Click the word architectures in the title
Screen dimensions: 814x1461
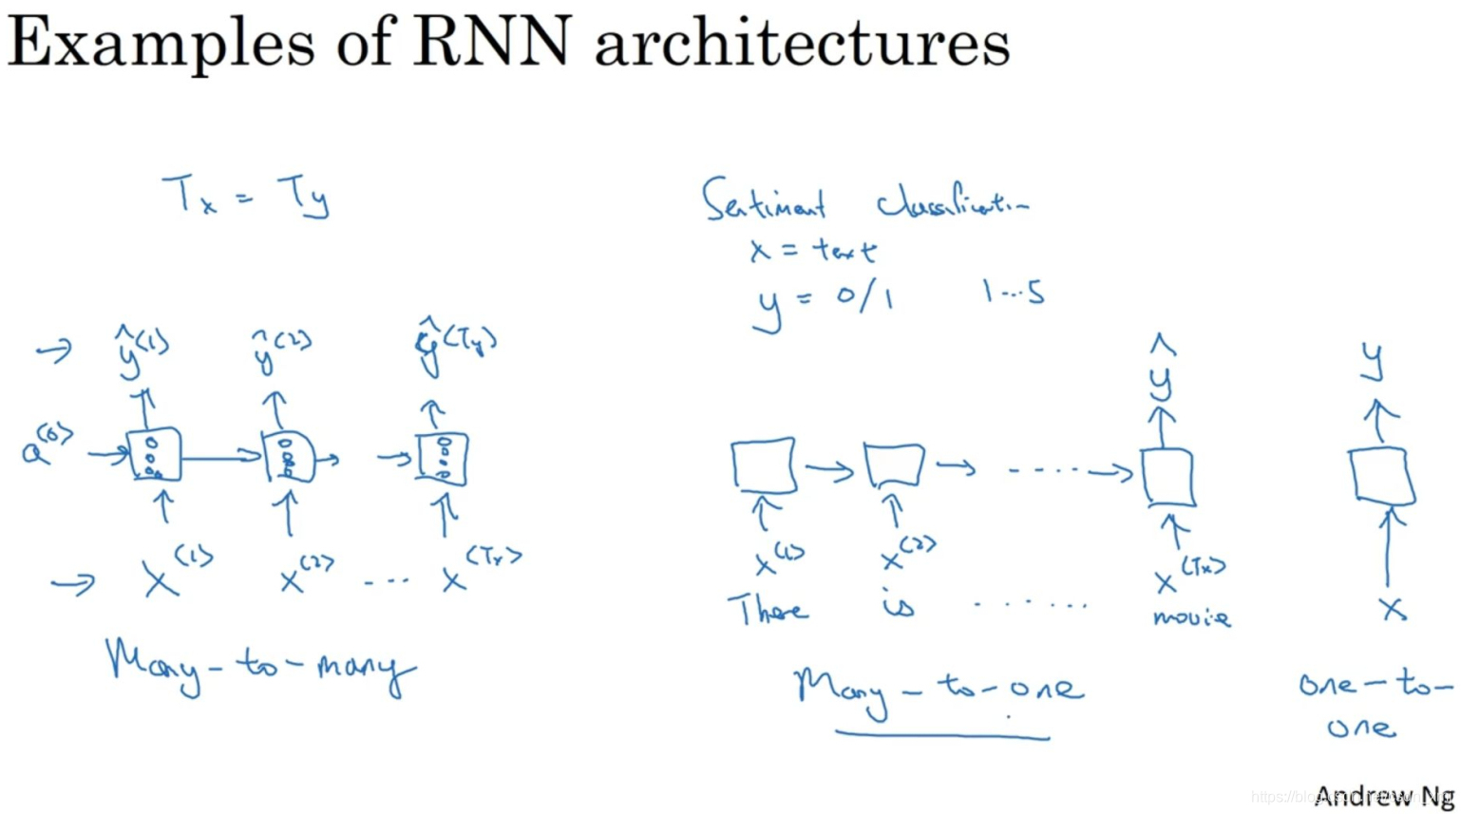(x=802, y=45)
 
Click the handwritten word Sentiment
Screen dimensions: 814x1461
(x=765, y=200)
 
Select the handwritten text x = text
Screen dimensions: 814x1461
(x=812, y=250)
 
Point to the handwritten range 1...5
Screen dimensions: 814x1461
(x=1014, y=292)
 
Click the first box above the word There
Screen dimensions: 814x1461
(x=764, y=465)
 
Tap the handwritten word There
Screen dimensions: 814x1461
(x=768, y=609)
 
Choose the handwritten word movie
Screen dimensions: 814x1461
(x=1191, y=617)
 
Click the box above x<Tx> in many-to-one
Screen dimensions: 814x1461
(x=1167, y=478)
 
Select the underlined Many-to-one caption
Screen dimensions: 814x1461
(x=939, y=688)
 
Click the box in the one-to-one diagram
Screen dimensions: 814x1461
(x=1381, y=476)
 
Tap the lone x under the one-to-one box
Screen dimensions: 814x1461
(x=1393, y=609)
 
